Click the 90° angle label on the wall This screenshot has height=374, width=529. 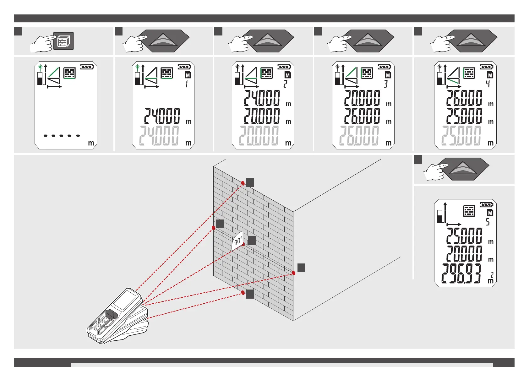(238, 241)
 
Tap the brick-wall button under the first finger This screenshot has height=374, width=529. (63, 41)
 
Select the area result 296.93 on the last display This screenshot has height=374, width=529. (461, 274)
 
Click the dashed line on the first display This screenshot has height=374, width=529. (62, 136)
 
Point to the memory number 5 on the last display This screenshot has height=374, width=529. (488, 222)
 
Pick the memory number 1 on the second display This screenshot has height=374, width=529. (187, 84)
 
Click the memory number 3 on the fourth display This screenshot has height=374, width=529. (386, 84)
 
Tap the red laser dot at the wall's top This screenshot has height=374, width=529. (243, 183)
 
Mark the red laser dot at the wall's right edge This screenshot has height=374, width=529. (293, 273)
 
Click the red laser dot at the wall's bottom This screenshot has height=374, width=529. (243, 293)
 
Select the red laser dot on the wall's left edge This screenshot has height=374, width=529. (214, 228)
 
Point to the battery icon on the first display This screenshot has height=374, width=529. (87, 67)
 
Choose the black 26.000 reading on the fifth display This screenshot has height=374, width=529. (464, 98)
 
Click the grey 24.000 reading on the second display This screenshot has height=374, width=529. (159, 136)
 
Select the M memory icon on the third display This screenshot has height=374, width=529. (288, 75)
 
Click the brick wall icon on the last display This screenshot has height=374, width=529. (469, 211)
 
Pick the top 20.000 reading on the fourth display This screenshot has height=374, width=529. (362, 98)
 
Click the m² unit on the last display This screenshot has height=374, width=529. (491, 278)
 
